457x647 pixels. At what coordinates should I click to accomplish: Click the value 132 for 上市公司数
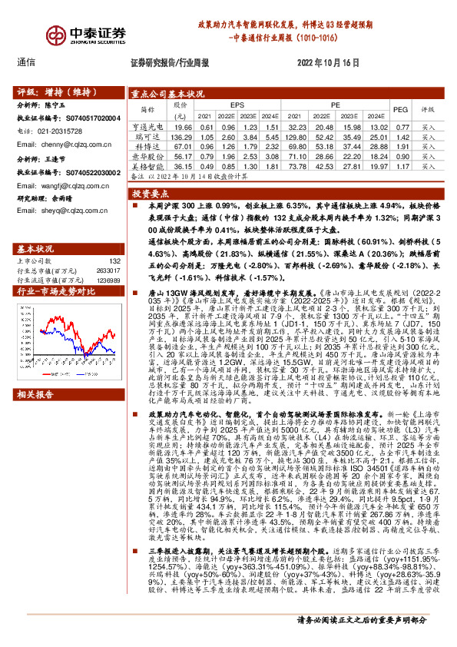(115, 262)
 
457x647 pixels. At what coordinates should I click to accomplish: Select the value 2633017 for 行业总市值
(106, 270)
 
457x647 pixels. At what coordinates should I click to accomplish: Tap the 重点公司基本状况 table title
(167, 93)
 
